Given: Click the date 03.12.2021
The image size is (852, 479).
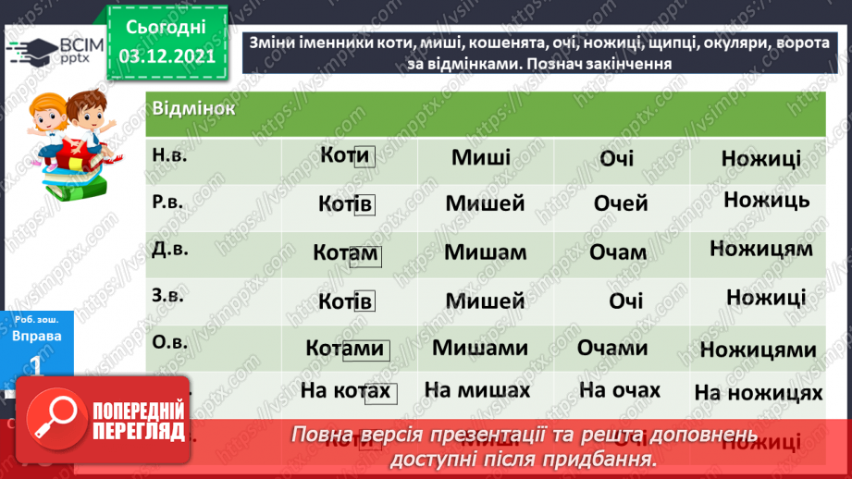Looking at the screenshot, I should point(167,55).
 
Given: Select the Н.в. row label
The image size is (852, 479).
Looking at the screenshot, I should point(169,154).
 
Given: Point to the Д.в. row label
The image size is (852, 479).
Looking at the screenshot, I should point(169,250).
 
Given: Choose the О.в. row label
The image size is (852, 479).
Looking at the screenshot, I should point(169,345).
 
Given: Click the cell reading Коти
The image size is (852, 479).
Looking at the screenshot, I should point(345,156).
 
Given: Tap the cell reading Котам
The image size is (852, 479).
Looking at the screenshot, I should point(346,252).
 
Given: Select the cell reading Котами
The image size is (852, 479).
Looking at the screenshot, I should point(346,349).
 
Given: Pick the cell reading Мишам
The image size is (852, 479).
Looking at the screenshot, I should point(485,252).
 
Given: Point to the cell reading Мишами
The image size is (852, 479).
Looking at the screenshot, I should point(480,348).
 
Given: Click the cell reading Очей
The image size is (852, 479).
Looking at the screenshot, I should point(621,203).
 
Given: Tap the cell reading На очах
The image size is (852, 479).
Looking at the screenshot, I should point(620,389).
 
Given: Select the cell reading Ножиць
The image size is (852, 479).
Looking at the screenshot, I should point(767,200).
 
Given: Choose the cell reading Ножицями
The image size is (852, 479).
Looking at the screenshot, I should point(759,350).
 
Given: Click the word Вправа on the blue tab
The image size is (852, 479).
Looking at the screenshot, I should point(37,336).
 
